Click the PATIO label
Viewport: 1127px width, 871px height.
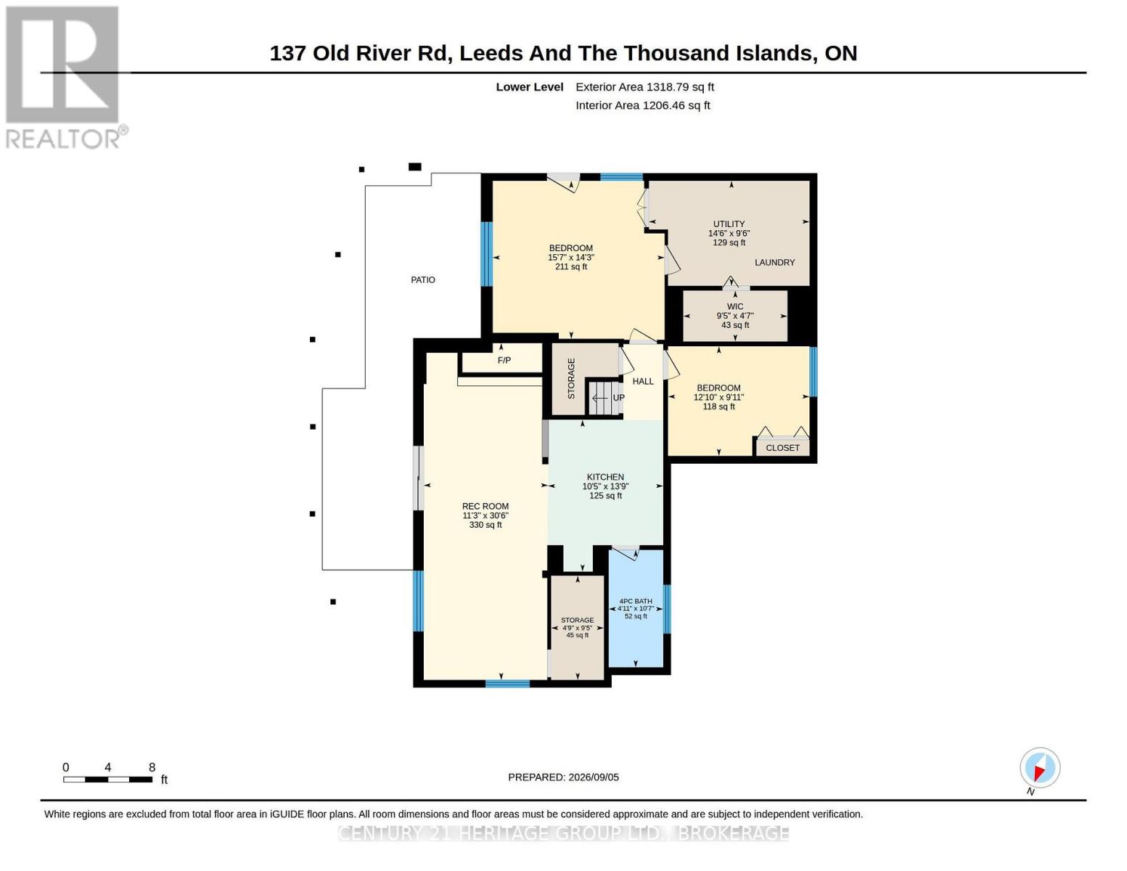pyautogui.click(x=422, y=279)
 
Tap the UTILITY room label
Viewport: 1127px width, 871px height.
pyautogui.click(x=729, y=224)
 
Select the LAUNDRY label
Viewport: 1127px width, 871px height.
pyautogui.click(x=774, y=263)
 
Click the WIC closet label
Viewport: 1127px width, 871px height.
pyautogui.click(x=735, y=306)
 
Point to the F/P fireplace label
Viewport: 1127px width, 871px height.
pyautogui.click(x=504, y=360)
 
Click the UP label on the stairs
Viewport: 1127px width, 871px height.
pyautogui.click(x=619, y=398)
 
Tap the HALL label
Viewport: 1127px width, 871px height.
pyautogui.click(x=643, y=381)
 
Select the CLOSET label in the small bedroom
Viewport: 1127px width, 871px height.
pyautogui.click(x=782, y=448)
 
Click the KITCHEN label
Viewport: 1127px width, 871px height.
pyautogui.click(x=605, y=477)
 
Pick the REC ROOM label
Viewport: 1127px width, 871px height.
pyautogui.click(x=485, y=507)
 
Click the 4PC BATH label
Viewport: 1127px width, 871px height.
pyautogui.click(x=635, y=601)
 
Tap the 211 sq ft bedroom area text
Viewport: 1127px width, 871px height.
pyautogui.click(x=571, y=266)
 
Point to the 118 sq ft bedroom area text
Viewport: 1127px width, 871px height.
pyautogui.click(x=719, y=406)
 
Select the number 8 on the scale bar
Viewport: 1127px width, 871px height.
pyautogui.click(x=152, y=767)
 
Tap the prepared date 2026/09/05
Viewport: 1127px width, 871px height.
pyautogui.click(x=594, y=777)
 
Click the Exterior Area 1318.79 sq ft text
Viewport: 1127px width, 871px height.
pyautogui.click(x=644, y=87)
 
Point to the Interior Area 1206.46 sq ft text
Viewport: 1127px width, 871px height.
pyautogui.click(x=642, y=105)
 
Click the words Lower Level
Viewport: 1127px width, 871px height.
pyautogui.click(x=530, y=87)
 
